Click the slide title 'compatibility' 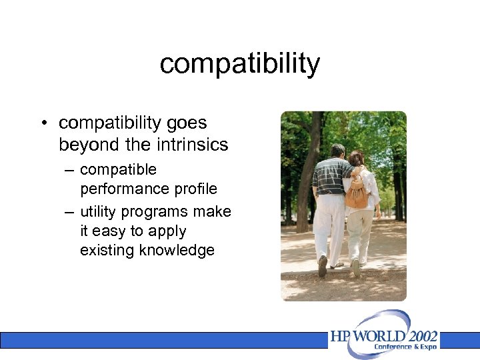click(240, 64)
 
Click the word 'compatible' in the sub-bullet click(118, 170)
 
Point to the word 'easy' click(110, 231)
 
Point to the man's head click(338, 151)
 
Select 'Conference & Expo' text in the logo click(405, 347)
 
